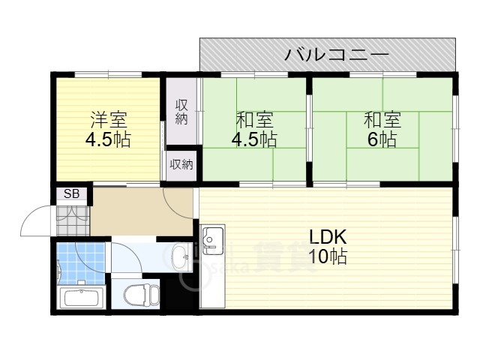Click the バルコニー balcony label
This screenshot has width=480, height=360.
coord(337,55)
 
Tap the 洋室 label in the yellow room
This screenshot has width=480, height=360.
coord(109,120)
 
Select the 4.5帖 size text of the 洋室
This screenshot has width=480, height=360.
coord(108,140)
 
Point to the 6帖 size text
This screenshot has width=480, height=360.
coord(382,139)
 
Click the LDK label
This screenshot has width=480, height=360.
coord(328,237)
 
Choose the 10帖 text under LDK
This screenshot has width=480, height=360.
coord(328,256)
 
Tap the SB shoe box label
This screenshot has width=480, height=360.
coord(72,193)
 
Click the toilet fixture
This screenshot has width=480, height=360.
coord(142,294)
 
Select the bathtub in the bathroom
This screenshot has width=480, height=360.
coord(82,297)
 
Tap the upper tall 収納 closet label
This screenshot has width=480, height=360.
coord(181,112)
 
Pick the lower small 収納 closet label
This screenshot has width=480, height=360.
coord(181,165)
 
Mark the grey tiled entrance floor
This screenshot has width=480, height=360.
coord(73,220)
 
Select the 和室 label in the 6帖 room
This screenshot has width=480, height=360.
coord(382,120)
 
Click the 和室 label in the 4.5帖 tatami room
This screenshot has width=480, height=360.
coord(255,120)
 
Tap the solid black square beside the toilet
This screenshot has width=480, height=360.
coord(178,294)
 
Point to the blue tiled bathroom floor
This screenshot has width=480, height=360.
coord(81,263)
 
